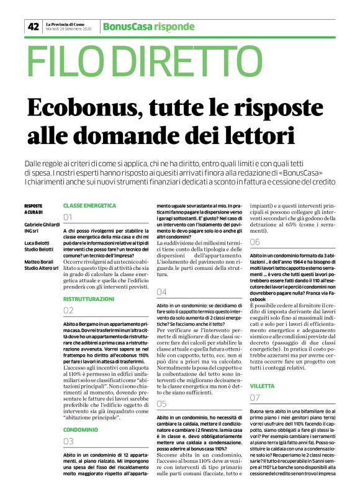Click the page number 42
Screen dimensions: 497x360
pos(33,27)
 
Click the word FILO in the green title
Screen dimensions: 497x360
pos(65,63)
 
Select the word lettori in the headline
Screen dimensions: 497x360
pos(248,133)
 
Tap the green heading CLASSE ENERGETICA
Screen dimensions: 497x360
pos(90,205)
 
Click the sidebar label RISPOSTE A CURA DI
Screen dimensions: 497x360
pos(34,208)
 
